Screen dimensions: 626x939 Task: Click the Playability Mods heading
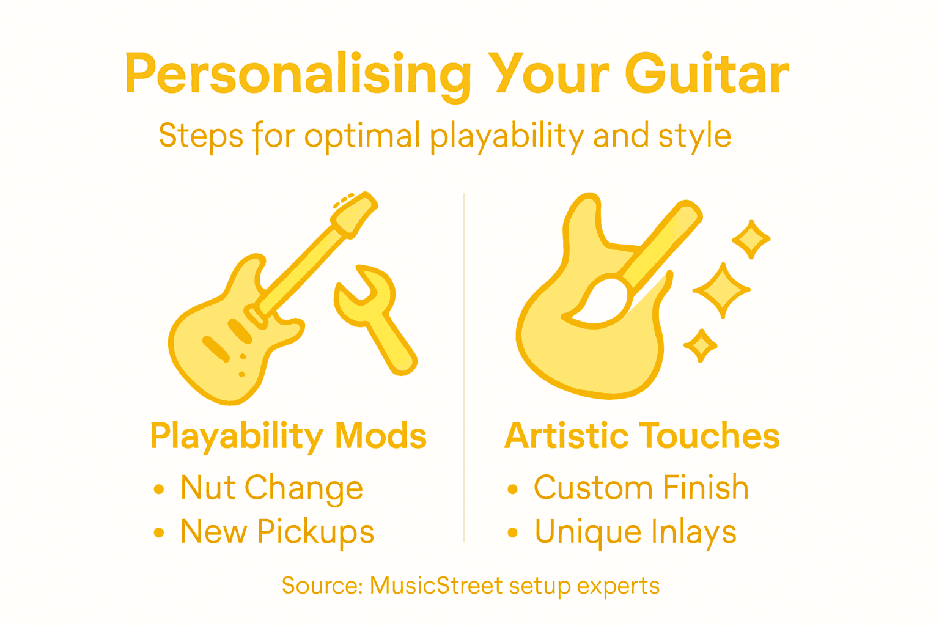288,436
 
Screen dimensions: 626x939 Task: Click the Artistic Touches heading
642,436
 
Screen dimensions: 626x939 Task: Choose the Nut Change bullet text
271,488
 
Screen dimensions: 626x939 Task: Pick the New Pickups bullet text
277,531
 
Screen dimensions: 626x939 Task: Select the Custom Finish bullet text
641,488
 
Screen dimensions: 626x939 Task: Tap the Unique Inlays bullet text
635,532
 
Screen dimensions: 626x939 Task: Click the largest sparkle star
722,290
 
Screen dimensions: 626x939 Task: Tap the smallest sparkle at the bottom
701,346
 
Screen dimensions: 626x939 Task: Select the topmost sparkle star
751,239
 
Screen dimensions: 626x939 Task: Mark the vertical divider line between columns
464,367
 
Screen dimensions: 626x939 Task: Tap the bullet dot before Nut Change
159,489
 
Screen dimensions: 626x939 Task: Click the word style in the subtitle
694,136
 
